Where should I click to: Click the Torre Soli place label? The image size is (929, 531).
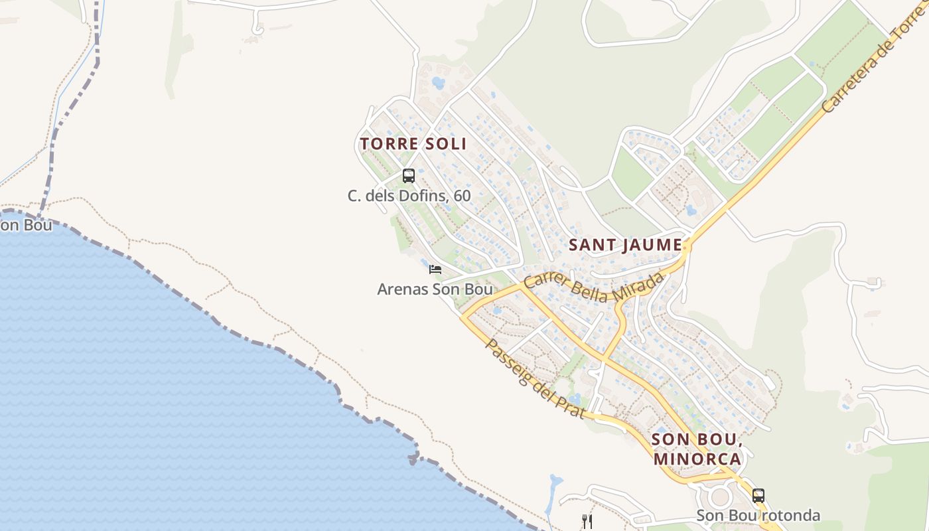(x=413, y=143)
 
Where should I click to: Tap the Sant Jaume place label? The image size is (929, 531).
(x=625, y=245)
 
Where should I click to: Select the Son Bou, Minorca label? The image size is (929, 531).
(x=696, y=449)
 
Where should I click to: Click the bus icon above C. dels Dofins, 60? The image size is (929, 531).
(x=409, y=176)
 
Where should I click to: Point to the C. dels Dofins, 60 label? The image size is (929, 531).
(x=409, y=196)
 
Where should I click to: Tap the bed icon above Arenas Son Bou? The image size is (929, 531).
(x=435, y=269)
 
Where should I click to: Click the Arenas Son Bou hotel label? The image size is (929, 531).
(x=435, y=289)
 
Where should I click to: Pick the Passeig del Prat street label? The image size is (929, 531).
(x=535, y=379)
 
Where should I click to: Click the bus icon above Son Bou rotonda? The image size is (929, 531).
(x=758, y=495)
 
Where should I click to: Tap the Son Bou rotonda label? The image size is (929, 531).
(x=758, y=515)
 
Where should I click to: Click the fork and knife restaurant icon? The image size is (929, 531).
(x=587, y=521)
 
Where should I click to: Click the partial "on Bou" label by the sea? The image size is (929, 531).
(x=25, y=225)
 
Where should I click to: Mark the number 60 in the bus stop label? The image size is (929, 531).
(x=462, y=196)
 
